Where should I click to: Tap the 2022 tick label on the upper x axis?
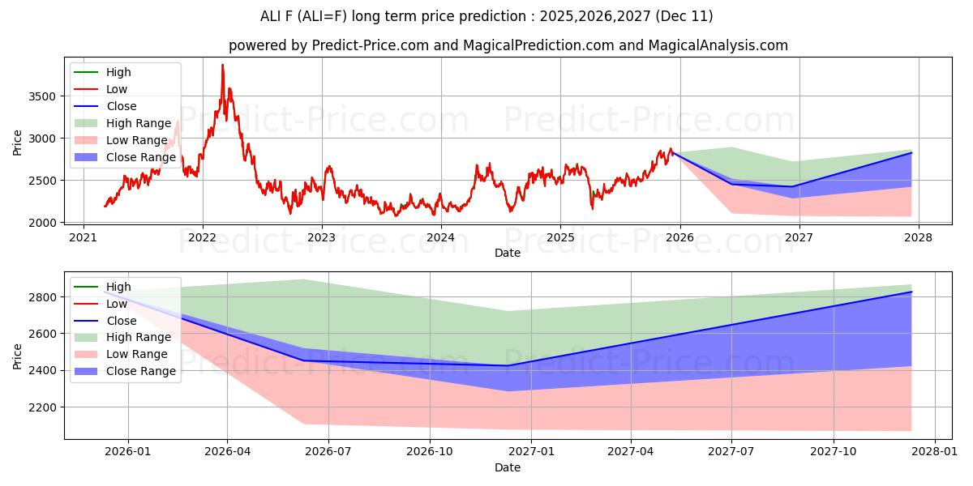tap(202, 237)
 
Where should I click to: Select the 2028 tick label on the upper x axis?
tap(919, 237)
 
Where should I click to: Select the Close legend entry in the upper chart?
tap(121, 106)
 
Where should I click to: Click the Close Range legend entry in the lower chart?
tap(141, 371)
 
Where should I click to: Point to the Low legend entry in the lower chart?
tap(116, 304)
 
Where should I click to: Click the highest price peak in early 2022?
tap(222, 65)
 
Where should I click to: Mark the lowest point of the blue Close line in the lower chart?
tap(508, 365)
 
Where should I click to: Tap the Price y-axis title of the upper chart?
tap(18, 143)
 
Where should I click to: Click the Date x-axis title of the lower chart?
tap(508, 468)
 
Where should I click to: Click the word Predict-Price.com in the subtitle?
tap(371, 45)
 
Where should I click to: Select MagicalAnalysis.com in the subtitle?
tap(718, 45)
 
